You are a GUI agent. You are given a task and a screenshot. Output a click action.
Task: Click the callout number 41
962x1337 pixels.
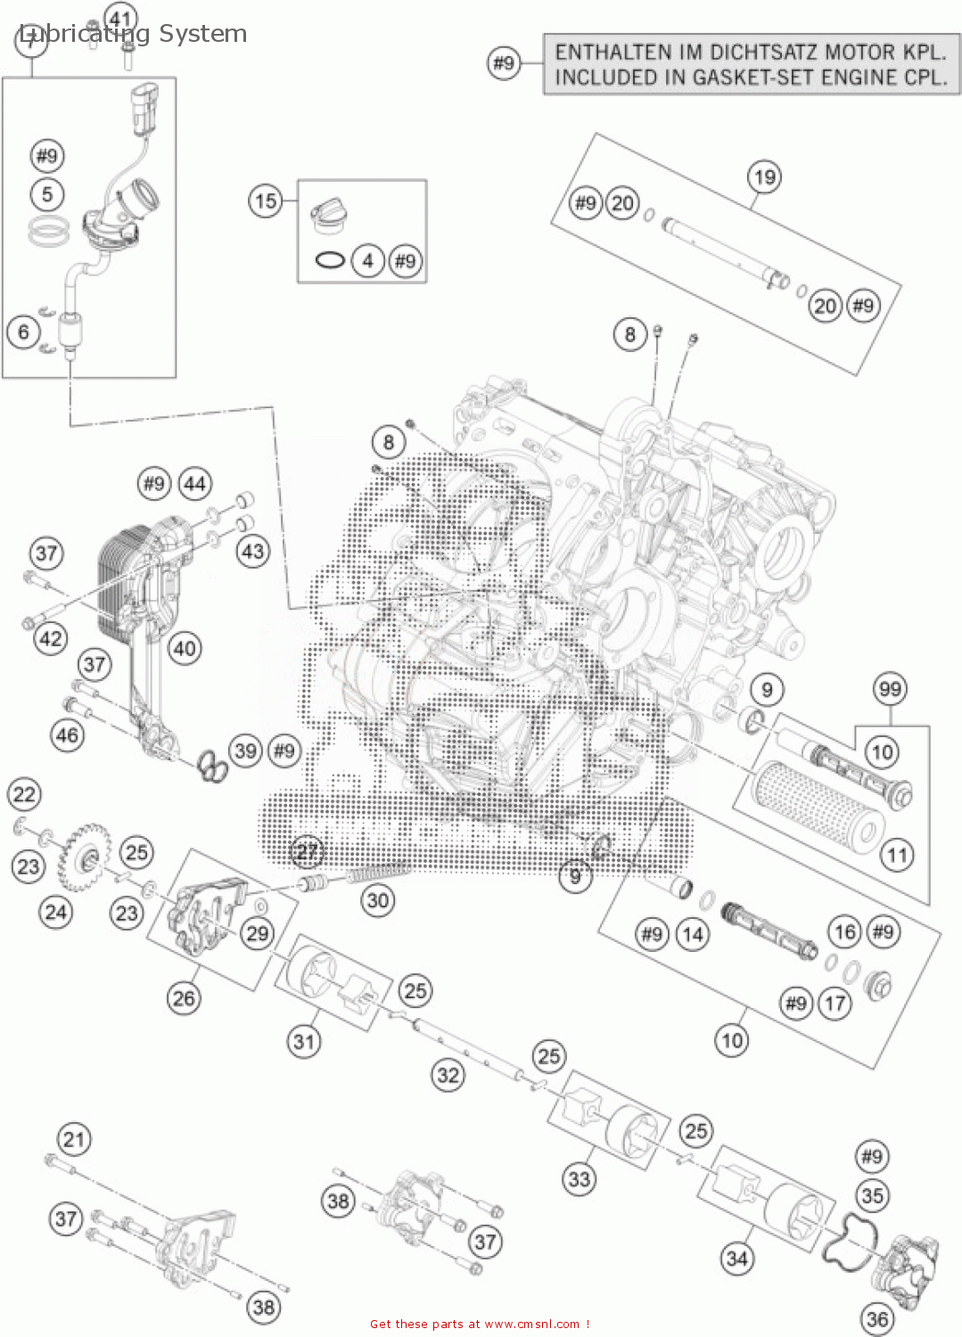click(121, 18)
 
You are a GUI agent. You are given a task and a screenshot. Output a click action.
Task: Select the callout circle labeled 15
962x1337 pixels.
click(266, 201)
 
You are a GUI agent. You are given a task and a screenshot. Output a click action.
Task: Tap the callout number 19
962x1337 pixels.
click(764, 177)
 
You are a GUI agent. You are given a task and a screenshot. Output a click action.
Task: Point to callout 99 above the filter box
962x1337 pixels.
click(890, 689)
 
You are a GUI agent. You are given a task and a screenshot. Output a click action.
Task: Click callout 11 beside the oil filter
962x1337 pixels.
click(896, 856)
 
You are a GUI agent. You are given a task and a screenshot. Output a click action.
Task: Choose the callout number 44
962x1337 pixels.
click(194, 484)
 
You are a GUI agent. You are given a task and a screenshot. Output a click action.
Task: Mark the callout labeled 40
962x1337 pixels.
click(185, 648)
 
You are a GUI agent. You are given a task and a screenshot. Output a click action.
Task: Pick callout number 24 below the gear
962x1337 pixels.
click(56, 912)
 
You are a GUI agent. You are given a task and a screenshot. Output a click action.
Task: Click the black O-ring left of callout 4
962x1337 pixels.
click(330, 261)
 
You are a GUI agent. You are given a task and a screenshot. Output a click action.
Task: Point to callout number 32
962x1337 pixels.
click(448, 1075)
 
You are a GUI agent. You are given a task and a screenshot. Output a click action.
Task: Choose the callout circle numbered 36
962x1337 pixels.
click(877, 1318)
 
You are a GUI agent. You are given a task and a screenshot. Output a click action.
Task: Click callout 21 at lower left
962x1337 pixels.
click(74, 1139)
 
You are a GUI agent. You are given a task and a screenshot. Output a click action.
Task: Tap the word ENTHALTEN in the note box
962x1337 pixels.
click(606, 53)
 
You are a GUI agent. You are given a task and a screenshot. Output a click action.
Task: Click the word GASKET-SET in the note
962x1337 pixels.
click(749, 78)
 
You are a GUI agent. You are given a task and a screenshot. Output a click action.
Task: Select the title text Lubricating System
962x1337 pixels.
click(134, 34)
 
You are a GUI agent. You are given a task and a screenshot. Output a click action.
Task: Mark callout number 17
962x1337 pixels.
click(834, 1004)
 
